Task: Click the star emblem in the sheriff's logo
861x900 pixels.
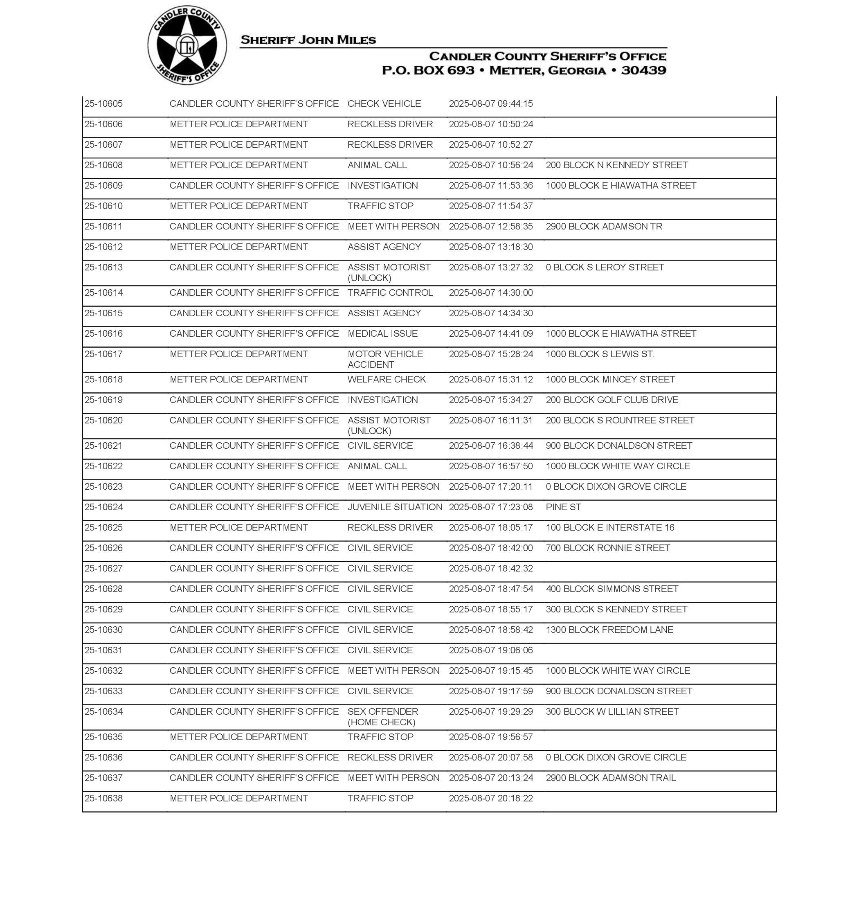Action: (187, 45)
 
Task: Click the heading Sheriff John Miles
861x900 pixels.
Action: (308, 40)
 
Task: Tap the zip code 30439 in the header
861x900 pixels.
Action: (643, 71)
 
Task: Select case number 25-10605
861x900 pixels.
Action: (104, 104)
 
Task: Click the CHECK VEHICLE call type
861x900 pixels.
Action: (384, 104)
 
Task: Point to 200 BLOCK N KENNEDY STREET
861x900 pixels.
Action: (616, 165)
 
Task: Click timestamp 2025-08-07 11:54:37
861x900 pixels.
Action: (490, 206)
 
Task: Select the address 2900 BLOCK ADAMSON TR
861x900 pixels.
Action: (604, 227)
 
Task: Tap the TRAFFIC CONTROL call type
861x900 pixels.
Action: (390, 293)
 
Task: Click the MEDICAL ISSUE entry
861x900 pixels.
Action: (382, 334)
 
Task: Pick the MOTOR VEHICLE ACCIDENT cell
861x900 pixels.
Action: (385, 359)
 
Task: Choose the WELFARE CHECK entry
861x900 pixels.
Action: (387, 380)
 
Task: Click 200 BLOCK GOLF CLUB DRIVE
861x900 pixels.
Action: (612, 400)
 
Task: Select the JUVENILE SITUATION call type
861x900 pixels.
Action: (395, 507)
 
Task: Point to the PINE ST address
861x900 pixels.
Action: (563, 507)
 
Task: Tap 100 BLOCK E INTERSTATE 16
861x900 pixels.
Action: (610, 528)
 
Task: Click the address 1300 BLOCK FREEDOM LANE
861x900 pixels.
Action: (609, 630)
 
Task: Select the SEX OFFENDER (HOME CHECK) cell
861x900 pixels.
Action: (382, 717)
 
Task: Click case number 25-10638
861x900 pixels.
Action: (104, 799)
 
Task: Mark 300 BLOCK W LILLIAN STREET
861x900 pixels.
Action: (612, 712)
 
